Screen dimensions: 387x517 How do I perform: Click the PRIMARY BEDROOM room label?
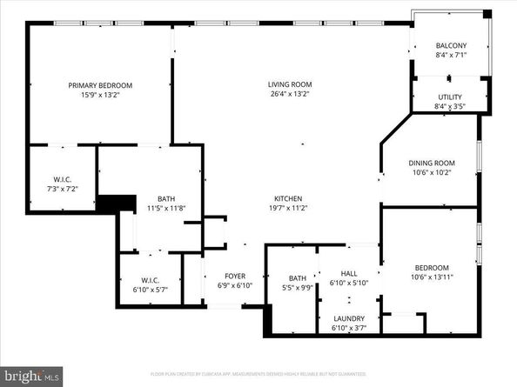point(100,85)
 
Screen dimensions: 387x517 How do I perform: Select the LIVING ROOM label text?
point(288,84)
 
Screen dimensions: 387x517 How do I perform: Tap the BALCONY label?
point(451,46)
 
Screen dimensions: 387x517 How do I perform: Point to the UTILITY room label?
point(450,97)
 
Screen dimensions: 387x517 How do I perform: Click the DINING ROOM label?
point(433,163)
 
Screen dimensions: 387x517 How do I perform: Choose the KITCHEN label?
point(288,197)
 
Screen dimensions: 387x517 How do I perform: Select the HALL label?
point(349,272)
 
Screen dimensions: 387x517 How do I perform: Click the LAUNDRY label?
point(349,318)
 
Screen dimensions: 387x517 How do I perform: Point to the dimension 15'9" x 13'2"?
point(100,95)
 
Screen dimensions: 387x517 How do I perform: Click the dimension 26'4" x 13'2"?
point(288,94)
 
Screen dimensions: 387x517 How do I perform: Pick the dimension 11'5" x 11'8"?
point(165,208)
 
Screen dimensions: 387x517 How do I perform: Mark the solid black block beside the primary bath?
point(117,203)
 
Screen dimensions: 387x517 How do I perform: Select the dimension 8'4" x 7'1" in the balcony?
point(451,56)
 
